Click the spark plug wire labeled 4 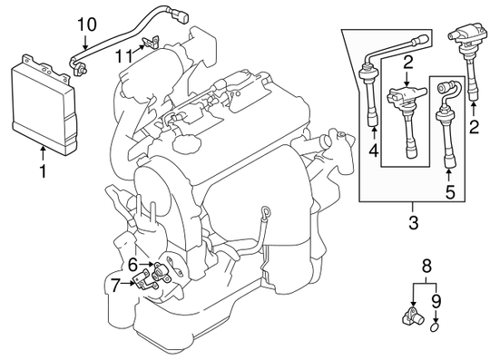coord(372,91)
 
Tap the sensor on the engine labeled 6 coord(162,269)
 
